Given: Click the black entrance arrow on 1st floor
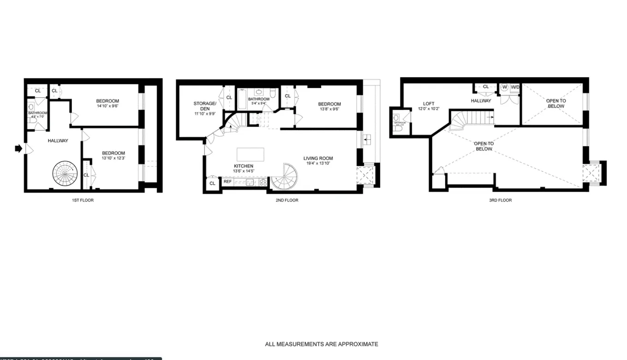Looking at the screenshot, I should coord(18,149).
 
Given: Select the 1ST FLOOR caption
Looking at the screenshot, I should coord(83,200).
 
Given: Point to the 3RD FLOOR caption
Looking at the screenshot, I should coord(500,200).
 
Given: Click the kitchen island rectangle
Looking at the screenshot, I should coord(251,154).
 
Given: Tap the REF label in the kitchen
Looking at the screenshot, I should coord(227,182).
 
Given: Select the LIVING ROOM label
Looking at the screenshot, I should coord(318,159).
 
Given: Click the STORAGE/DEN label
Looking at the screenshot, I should coord(205,106).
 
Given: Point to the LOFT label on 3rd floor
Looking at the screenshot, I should coord(429,104).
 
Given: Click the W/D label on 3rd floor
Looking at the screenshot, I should coord(515,87).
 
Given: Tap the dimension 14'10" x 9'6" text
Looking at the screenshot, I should coord(107,106).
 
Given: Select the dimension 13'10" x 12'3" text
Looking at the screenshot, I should coord(113,158).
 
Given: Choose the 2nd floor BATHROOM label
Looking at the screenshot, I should coord(258,99).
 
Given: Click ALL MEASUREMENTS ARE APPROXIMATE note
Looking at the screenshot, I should coord(321,344).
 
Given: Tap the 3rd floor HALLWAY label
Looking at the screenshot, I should coord(481,101).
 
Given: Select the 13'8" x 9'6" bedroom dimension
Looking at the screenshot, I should coord(329,109).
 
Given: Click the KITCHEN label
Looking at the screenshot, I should coord(243,166).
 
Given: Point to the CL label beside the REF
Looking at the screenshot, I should coord(212,183).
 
